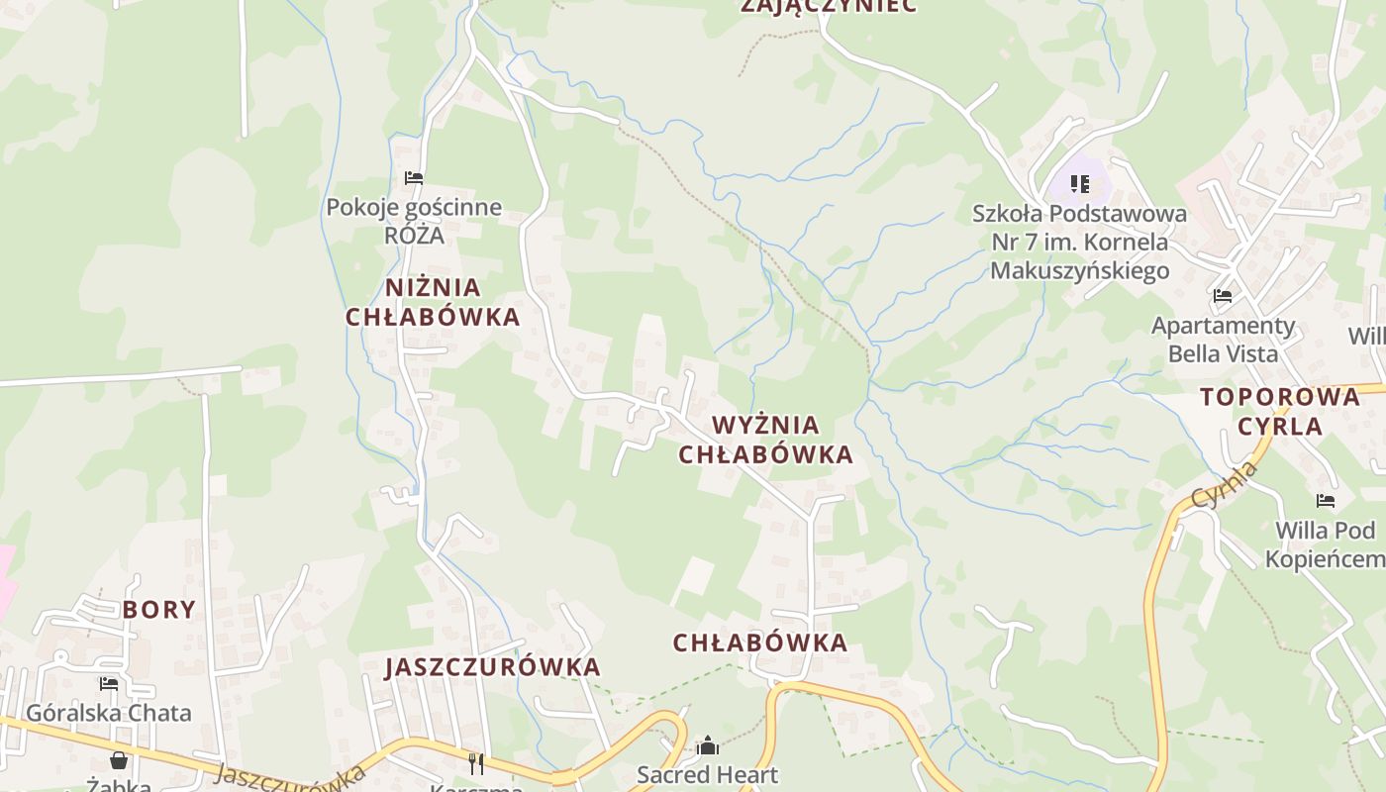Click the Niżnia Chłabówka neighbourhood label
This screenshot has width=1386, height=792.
click(433, 302)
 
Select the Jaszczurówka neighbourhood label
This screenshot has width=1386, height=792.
click(493, 666)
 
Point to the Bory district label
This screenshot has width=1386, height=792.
click(159, 609)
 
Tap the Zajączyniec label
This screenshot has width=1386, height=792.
click(829, 6)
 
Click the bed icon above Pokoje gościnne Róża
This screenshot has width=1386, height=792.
click(414, 178)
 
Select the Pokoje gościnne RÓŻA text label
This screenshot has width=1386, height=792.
click(414, 222)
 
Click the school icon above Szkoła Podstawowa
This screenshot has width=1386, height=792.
click(1079, 184)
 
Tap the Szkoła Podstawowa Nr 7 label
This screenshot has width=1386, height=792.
click(1079, 242)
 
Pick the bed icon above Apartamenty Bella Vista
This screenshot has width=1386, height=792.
click(1223, 295)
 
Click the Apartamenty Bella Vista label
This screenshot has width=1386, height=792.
click(1223, 339)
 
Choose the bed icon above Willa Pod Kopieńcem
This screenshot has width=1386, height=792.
click(1326, 501)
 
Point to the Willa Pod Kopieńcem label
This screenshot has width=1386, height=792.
click(1326, 544)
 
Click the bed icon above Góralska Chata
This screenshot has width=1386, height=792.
click(109, 683)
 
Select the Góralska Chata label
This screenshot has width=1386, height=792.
click(109, 713)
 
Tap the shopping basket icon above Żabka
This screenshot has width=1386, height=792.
click(119, 760)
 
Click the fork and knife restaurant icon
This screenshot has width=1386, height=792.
click(476, 763)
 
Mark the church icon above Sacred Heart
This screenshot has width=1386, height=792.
click(708, 745)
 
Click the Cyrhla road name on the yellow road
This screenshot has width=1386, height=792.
click(1224, 484)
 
